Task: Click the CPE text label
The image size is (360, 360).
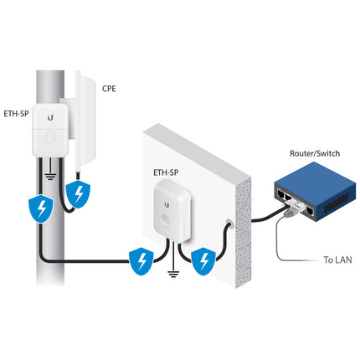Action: (x=108, y=87)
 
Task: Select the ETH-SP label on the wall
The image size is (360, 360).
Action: (x=165, y=174)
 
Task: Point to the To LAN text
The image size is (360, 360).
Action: (x=337, y=259)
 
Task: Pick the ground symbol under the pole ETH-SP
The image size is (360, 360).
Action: (x=51, y=176)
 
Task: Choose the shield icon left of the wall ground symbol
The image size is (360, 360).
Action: (x=139, y=262)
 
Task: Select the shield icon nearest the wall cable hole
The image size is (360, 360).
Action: (x=203, y=261)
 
